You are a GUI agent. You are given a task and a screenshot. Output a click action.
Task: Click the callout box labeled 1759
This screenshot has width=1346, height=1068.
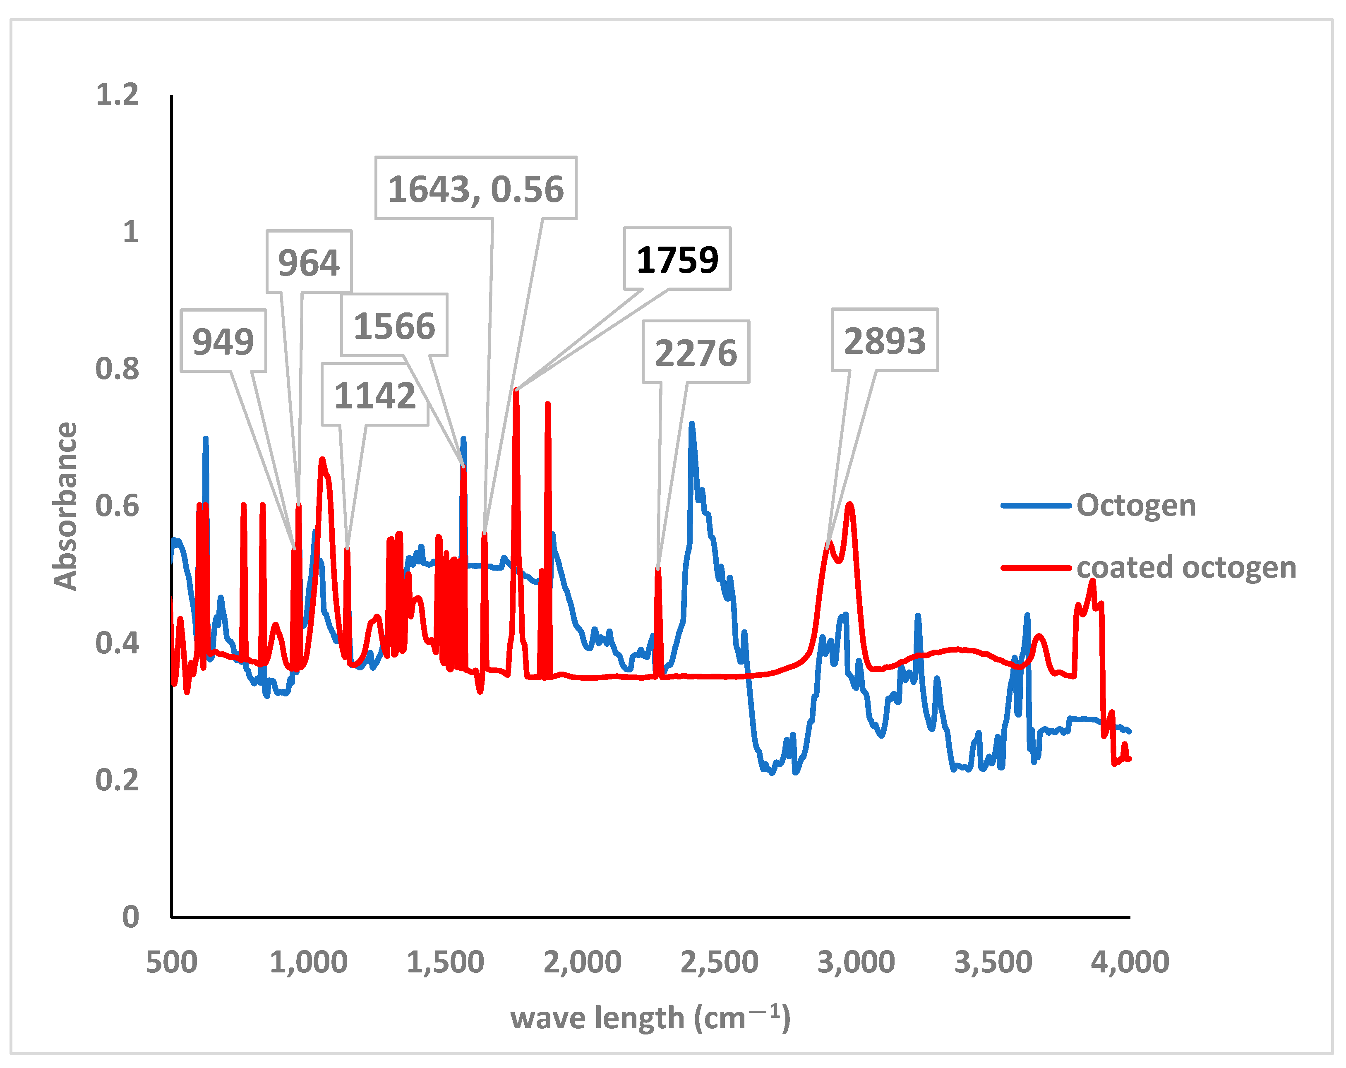pos(677,259)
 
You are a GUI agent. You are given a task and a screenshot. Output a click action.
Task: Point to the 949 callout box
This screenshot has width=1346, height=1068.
pos(223,341)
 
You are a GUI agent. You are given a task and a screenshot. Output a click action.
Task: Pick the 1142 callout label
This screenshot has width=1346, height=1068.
pos(374,395)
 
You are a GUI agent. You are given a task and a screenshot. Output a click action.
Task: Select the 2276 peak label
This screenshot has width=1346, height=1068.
pos(696,352)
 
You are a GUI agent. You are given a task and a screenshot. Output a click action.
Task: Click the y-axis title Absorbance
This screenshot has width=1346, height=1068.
pos(65,506)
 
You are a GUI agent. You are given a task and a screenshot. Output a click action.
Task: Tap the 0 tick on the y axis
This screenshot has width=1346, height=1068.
pos(130,917)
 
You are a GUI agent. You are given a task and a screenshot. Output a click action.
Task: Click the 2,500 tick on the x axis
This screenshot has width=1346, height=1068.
pos(719,962)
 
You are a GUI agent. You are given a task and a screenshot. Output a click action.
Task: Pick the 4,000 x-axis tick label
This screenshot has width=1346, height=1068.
pos(1130,962)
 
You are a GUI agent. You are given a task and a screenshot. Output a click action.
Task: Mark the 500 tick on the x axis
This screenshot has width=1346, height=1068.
pos(172,962)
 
